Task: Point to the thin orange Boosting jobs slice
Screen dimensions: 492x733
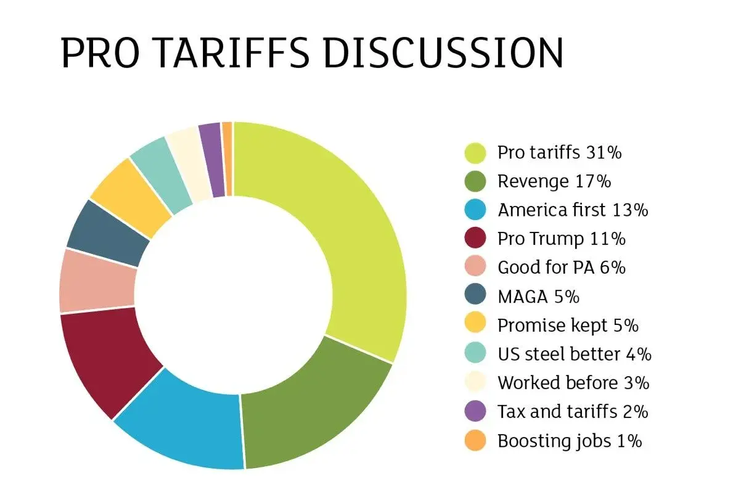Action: coord(227,159)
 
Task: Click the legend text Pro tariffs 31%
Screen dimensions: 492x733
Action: coord(559,152)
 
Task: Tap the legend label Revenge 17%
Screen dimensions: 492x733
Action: coord(554,181)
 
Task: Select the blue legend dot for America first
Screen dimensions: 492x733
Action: coord(475,210)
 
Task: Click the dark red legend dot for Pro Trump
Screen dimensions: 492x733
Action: coord(475,239)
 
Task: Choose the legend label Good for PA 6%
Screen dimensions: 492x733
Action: coord(562,268)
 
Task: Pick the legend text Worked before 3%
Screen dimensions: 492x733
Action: coord(573,383)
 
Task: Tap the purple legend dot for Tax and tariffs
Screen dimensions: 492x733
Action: coord(475,412)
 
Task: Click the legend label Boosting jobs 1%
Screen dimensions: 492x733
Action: coord(570,441)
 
